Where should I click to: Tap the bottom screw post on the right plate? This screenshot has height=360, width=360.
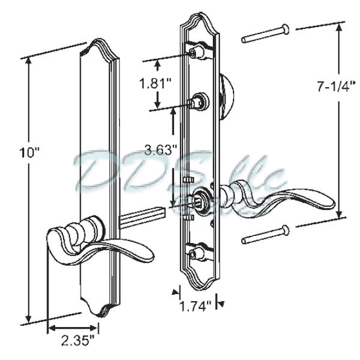pos(194,255)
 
